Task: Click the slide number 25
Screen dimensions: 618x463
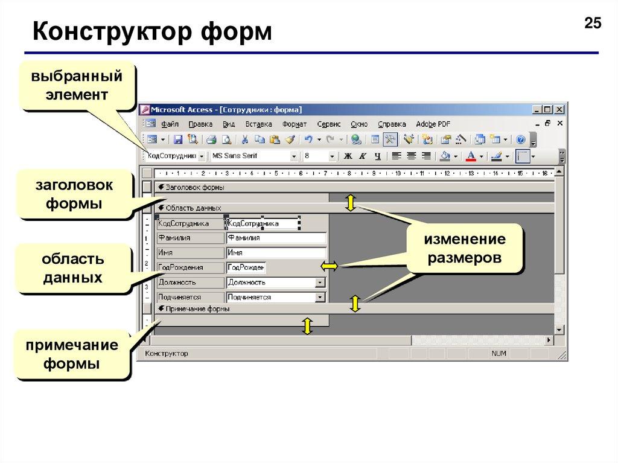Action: (x=593, y=23)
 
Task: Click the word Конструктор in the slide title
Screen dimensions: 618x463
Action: (x=112, y=31)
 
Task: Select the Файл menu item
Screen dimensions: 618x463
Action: (x=170, y=124)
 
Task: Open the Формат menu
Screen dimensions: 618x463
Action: (x=295, y=124)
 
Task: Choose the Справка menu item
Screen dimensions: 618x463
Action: (x=392, y=124)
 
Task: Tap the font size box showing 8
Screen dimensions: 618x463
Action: (x=319, y=156)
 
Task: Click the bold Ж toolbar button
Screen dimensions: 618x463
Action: (x=348, y=156)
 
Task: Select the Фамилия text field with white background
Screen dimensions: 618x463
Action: (x=276, y=238)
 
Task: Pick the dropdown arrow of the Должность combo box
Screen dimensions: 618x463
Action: (x=320, y=283)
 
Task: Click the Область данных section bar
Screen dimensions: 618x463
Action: (x=355, y=208)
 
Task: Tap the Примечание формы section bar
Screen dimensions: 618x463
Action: (x=355, y=309)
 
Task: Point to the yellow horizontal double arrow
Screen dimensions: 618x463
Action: (x=329, y=267)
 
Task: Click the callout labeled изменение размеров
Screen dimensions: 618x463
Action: (x=465, y=249)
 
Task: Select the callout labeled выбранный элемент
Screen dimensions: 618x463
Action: (x=77, y=86)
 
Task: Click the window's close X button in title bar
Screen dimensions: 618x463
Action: (x=559, y=110)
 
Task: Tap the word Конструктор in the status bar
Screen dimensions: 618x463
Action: (x=167, y=353)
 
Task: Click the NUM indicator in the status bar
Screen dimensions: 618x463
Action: (x=499, y=353)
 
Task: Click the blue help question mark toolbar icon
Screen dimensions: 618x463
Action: (x=521, y=139)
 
